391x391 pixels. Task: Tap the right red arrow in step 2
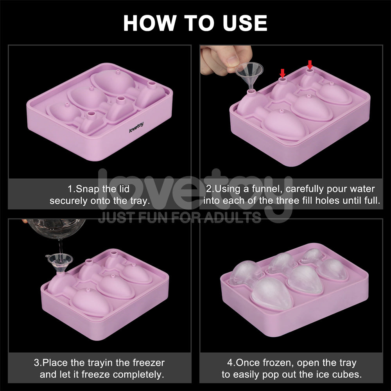point(310,64)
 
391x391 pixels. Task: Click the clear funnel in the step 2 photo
point(249,74)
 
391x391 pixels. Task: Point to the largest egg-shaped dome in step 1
point(113,81)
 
